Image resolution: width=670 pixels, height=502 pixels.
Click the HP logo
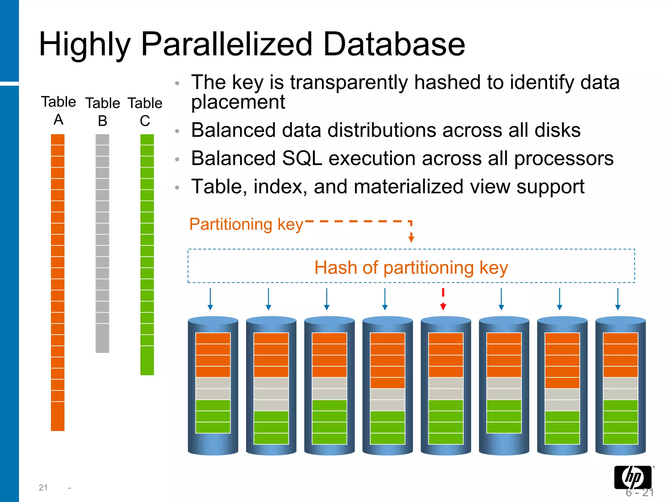[633, 477]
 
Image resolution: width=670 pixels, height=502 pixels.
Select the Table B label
[102, 112]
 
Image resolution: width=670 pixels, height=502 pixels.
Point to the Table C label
[145, 112]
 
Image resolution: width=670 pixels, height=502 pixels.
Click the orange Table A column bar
[58, 281]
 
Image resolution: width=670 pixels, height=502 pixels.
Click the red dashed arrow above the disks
[443, 299]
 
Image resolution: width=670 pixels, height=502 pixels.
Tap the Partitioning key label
[246, 225]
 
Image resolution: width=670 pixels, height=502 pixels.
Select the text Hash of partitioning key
[411, 267]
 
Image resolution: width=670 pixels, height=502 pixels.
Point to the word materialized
[409, 187]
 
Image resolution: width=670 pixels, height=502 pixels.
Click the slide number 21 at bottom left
[43, 488]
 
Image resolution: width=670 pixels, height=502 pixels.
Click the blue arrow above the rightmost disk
[618, 299]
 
